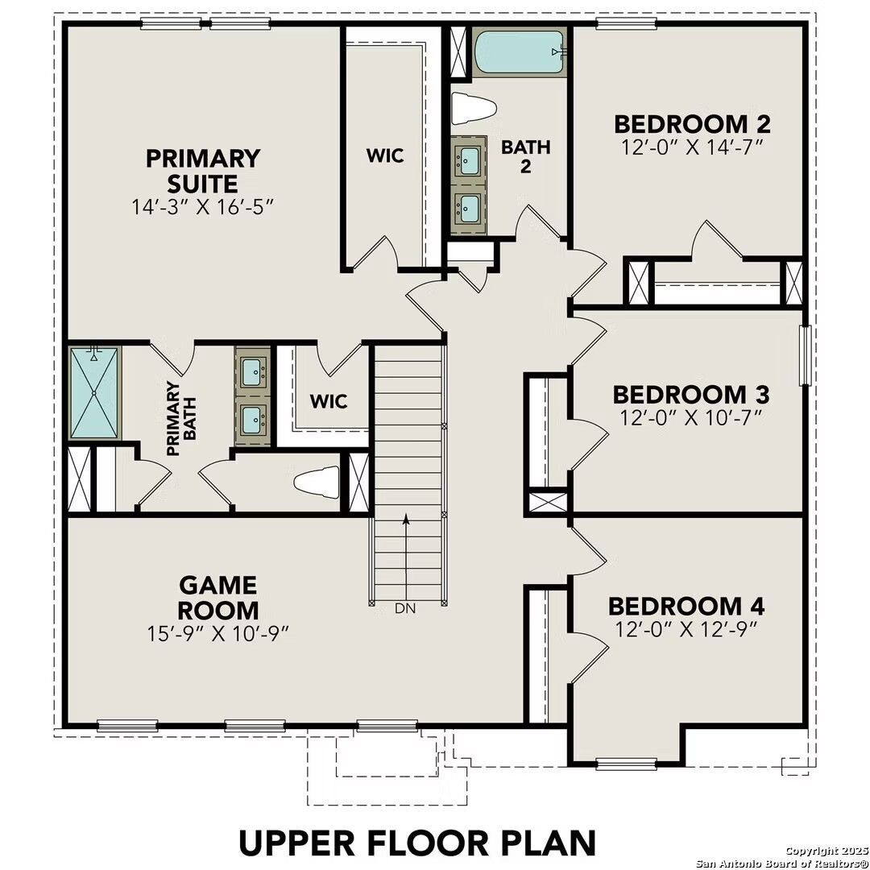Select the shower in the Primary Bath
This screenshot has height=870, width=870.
point(94,392)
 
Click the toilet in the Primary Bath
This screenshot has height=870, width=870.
point(317,483)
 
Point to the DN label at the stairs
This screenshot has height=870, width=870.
point(406,609)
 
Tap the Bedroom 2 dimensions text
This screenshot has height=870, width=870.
point(692,147)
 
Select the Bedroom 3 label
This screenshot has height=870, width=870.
point(690,395)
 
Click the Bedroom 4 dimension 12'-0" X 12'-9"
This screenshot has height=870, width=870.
point(686,628)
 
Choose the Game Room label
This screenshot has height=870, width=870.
point(218,597)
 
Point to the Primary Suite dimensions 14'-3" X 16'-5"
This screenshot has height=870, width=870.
point(203,206)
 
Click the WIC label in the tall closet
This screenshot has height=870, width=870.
point(385,155)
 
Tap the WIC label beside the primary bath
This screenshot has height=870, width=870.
point(329,400)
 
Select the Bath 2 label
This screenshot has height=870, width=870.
point(526,156)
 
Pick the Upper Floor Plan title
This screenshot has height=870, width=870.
point(417,842)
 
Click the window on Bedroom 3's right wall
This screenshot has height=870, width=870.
point(803,355)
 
